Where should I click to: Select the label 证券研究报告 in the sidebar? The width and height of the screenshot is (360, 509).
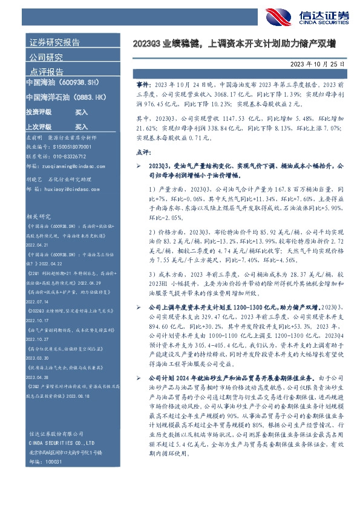(54, 43)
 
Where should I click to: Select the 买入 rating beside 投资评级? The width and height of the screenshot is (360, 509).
(81, 112)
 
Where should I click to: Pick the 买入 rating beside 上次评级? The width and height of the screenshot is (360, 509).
(81, 128)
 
